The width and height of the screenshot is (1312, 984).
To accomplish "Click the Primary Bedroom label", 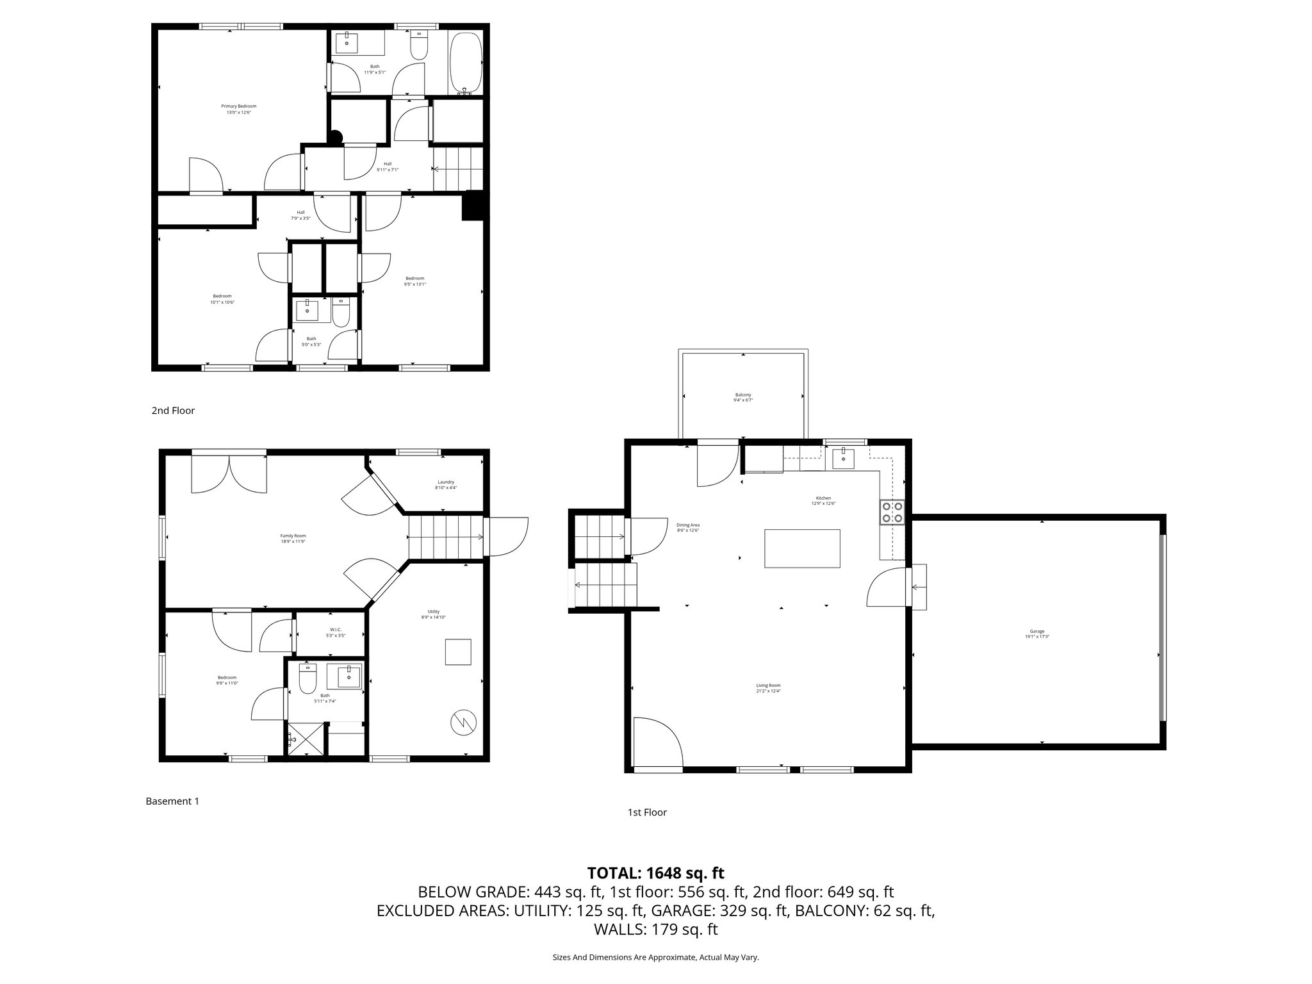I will pyautogui.click(x=238, y=109).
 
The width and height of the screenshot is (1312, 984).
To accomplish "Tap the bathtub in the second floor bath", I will pyautogui.click(x=465, y=62).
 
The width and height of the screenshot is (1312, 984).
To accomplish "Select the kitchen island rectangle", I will pyautogui.click(x=802, y=548).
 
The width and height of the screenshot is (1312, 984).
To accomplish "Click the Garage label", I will pyautogui.click(x=1037, y=634).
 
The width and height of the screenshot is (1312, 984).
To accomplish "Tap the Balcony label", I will pyautogui.click(x=743, y=397).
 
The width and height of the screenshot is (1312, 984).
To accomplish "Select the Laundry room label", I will pyautogui.click(x=446, y=484).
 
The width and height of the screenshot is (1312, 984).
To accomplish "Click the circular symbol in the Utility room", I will pyautogui.click(x=463, y=723).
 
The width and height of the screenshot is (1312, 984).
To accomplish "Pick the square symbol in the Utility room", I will pyautogui.click(x=459, y=652).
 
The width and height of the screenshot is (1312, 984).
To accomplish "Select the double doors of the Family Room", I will pyautogui.click(x=229, y=473).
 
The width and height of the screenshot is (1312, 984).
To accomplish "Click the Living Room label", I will pyautogui.click(x=768, y=687).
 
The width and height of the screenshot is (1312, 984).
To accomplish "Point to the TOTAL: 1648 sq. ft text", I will pyautogui.click(x=655, y=873).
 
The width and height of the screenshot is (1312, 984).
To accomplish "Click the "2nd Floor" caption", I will pyautogui.click(x=173, y=411).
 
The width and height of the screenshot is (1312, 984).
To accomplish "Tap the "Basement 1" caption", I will pyautogui.click(x=172, y=801).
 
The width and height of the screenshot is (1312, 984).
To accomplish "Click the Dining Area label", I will pyautogui.click(x=687, y=527).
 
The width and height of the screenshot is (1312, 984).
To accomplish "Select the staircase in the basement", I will pyautogui.click(x=445, y=537).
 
